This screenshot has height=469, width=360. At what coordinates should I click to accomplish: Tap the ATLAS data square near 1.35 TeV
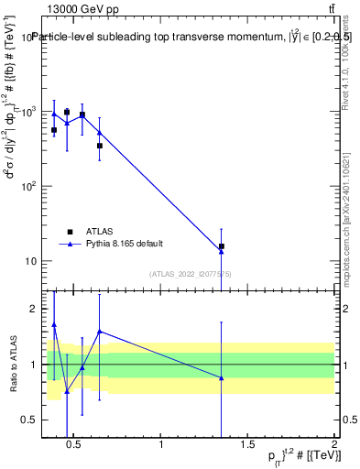tap(222, 245)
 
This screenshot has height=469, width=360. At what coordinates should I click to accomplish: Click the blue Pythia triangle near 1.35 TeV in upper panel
tap(222, 251)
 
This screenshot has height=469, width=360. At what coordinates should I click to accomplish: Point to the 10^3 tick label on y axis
tap(27, 112)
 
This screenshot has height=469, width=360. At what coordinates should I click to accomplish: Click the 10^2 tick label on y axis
tap(27, 187)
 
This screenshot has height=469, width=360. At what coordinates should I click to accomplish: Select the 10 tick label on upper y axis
tap(29, 261)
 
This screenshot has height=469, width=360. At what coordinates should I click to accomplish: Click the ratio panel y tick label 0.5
tap(27, 420)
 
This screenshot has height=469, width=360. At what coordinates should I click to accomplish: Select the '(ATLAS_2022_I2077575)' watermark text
tap(190, 273)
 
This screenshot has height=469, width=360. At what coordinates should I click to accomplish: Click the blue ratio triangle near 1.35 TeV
tap(222, 378)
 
